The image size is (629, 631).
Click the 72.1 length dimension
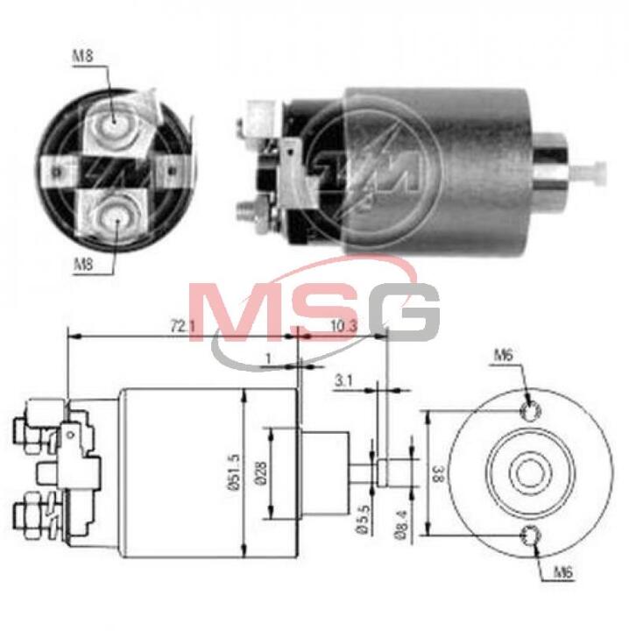coord(182,327)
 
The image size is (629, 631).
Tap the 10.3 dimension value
coord(344,326)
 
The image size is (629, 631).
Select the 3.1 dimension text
coord(343,380)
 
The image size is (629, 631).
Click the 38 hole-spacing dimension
coord(438,473)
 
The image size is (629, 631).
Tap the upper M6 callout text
coord(504,355)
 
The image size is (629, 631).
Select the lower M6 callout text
coord(563,572)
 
